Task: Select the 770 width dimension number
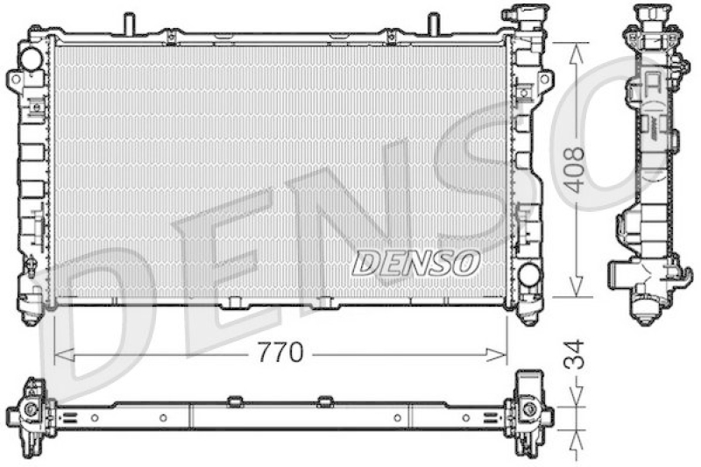click(x=280, y=353)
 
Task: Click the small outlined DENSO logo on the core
click(x=416, y=261)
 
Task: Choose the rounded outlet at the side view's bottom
click(x=648, y=308)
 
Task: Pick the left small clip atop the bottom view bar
click(x=234, y=401)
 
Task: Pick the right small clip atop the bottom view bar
click(x=325, y=401)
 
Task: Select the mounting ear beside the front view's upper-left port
click(x=14, y=79)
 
